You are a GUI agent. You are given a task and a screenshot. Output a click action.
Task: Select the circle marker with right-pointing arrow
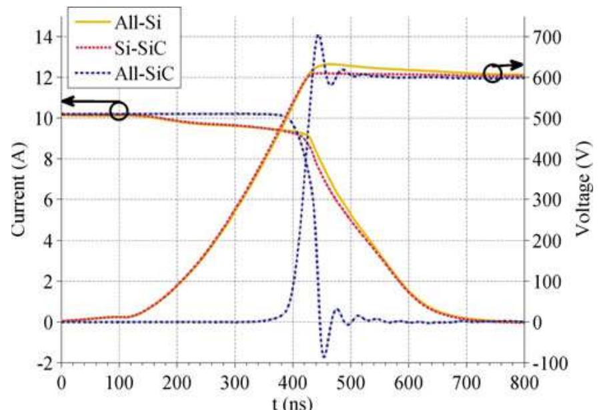pos(493,73)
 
